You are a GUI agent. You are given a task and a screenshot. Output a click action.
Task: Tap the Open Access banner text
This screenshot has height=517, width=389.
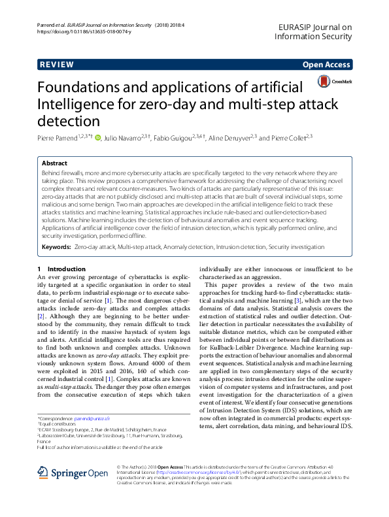[x=327, y=65]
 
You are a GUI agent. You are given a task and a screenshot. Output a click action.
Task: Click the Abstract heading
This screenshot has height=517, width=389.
[x=54, y=163]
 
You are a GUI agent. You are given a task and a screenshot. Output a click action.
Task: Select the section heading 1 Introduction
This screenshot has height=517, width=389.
[x=61, y=269]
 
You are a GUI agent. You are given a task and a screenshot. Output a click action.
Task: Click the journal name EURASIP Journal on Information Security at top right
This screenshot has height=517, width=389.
[x=314, y=31]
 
